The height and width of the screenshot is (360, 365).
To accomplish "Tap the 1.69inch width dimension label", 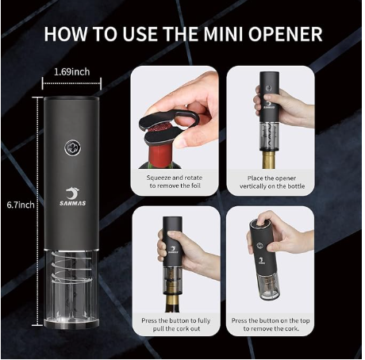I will [71, 72].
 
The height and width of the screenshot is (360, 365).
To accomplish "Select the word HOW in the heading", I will [66, 34].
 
